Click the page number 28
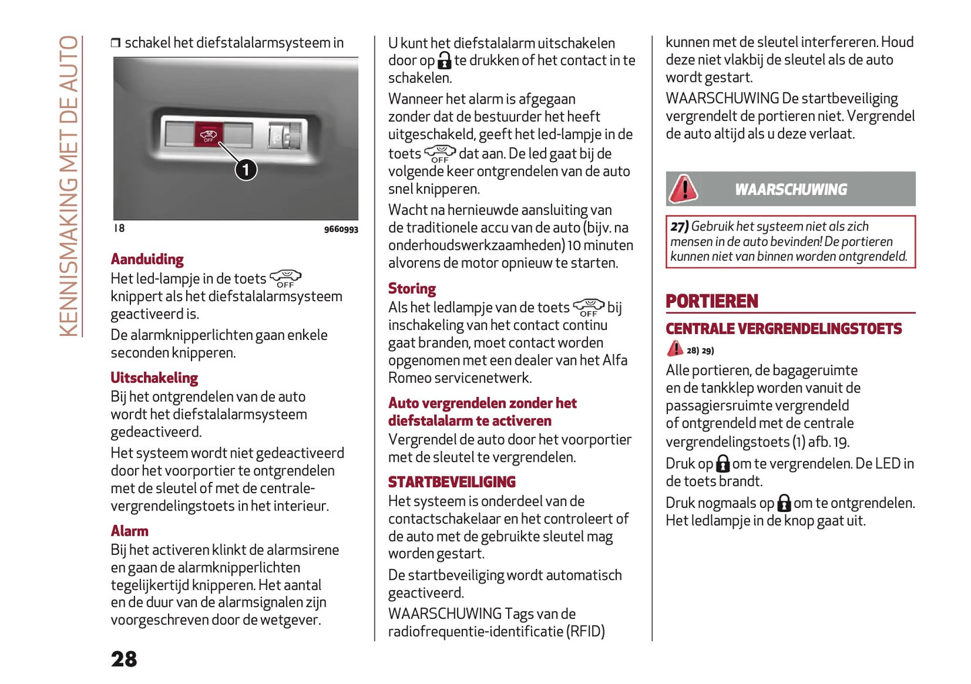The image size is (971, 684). click(124, 659)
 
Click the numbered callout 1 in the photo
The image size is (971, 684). click(246, 169)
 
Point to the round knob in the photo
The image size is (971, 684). click(291, 137)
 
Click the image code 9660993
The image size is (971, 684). click(341, 230)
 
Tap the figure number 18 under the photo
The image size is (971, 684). click(119, 228)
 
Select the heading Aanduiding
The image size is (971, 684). click(147, 259)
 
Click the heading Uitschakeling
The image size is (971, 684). click(155, 378)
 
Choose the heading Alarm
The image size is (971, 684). click(130, 531)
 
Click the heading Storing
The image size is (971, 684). click(412, 288)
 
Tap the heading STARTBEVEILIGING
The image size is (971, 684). click(452, 482)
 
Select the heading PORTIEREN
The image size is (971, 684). click(712, 301)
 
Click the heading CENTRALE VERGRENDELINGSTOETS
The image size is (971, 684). click(784, 329)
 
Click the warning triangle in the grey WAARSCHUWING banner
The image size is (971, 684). click(684, 189)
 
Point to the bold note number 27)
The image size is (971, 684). click(679, 226)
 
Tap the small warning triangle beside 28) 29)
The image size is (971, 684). click(675, 349)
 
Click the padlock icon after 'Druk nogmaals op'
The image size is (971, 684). click(784, 503)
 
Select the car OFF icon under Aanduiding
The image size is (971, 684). click(286, 278)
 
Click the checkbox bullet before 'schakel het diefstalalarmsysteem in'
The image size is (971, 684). click(116, 44)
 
